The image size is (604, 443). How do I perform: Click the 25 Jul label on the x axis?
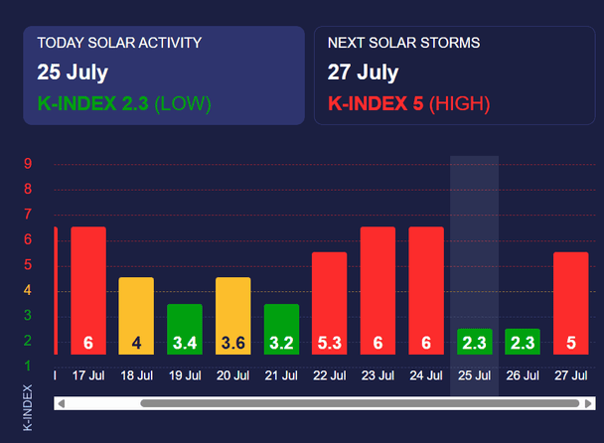[474, 375]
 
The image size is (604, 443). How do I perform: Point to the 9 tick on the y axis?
[29, 164]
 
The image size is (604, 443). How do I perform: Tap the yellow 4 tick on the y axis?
[29, 290]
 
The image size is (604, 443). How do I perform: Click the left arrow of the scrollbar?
[62, 403]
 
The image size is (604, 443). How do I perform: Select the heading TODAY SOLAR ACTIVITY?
[119, 43]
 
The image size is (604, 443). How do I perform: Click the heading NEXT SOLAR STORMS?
[404, 43]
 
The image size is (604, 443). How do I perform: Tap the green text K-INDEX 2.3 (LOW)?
[124, 103]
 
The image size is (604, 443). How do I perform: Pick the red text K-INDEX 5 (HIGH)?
[408, 103]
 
